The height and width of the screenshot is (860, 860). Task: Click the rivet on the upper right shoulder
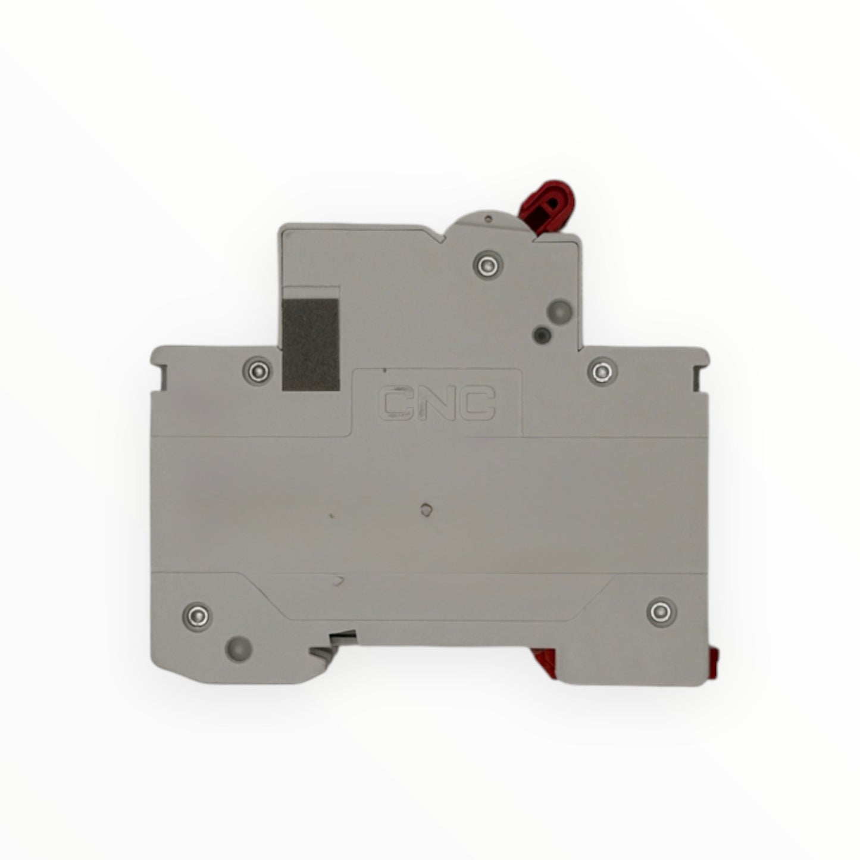pyautogui.click(x=602, y=371)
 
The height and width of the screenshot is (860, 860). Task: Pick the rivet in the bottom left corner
pyautogui.click(x=198, y=617)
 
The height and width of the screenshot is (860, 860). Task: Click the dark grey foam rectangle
pyautogui.click(x=311, y=345)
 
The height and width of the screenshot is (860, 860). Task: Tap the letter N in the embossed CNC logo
pyautogui.click(x=436, y=404)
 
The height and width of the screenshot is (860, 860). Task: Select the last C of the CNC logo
pyautogui.click(x=477, y=404)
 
